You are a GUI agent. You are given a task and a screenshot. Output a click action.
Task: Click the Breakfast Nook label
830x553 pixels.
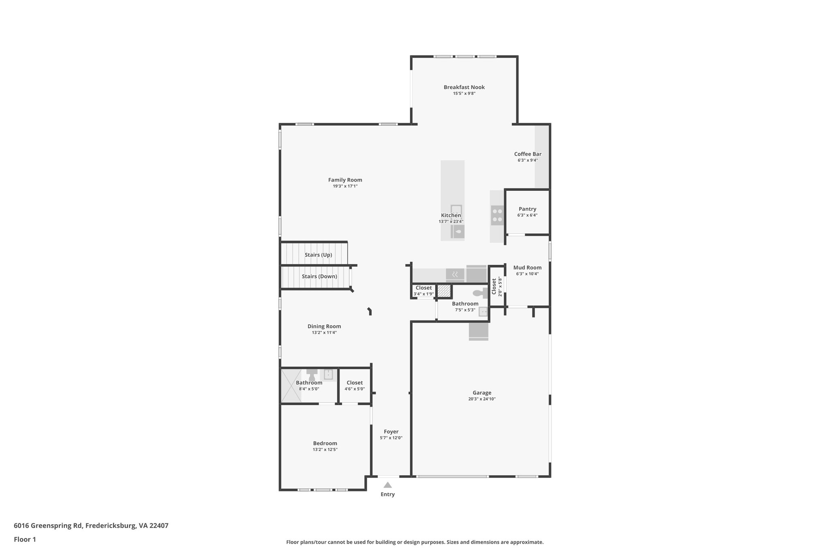[x=464, y=87]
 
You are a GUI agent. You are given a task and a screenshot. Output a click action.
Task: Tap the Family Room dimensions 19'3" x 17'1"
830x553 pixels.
[x=345, y=186]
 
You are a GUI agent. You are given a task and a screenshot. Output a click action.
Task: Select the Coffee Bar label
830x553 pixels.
[x=528, y=154]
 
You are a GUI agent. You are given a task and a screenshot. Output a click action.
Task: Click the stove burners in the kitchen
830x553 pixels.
[x=497, y=216]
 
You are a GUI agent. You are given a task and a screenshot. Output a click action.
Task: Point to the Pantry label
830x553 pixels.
[x=527, y=209]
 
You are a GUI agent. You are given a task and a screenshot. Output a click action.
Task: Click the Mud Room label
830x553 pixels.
[x=527, y=267]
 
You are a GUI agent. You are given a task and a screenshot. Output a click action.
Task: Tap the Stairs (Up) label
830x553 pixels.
[x=318, y=255]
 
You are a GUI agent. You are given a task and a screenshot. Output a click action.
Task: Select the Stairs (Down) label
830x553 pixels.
[x=319, y=276]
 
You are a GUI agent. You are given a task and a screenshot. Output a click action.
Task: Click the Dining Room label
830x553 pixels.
[x=324, y=326]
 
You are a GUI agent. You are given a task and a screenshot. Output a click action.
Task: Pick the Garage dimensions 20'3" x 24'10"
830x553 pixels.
[x=482, y=399]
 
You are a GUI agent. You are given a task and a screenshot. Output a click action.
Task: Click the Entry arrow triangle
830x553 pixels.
[x=387, y=485]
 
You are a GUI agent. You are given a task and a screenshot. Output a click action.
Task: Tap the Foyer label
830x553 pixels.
[x=391, y=431]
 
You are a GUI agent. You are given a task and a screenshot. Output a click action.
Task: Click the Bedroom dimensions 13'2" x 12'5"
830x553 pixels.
[x=325, y=450]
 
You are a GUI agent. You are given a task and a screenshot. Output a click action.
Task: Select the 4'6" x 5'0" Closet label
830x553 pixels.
[x=355, y=382]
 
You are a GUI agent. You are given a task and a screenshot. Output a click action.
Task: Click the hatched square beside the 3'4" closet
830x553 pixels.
[x=444, y=291]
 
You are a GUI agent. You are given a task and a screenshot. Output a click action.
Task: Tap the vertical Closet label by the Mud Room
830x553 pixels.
[x=494, y=286]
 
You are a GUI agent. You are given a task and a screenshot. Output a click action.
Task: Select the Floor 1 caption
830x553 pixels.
[x=25, y=539]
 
